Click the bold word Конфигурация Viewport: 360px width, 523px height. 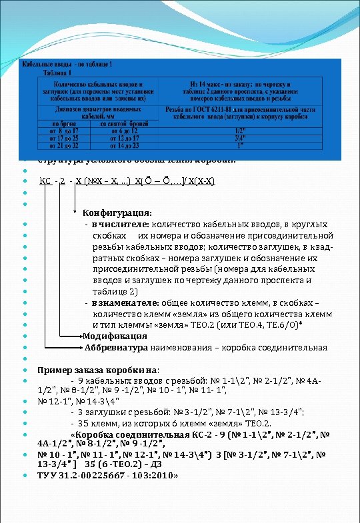click(117, 213)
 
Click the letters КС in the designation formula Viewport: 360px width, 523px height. click(45, 181)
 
